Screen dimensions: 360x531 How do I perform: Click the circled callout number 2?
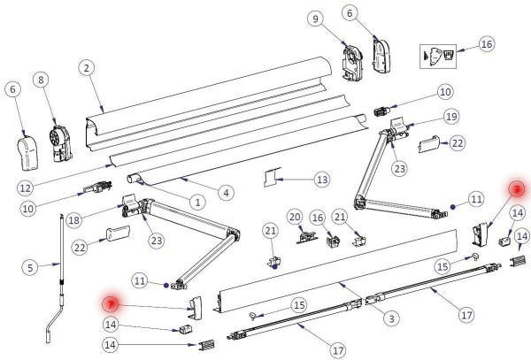85,67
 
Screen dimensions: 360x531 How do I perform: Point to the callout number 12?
25,188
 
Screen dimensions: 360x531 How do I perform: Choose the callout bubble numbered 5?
28,266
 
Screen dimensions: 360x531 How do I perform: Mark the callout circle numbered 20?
295,218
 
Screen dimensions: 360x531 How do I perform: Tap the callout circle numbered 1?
196,202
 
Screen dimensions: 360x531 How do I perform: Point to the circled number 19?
450,117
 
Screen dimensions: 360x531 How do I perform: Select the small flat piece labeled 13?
271,180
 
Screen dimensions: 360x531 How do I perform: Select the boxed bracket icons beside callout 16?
440,53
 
